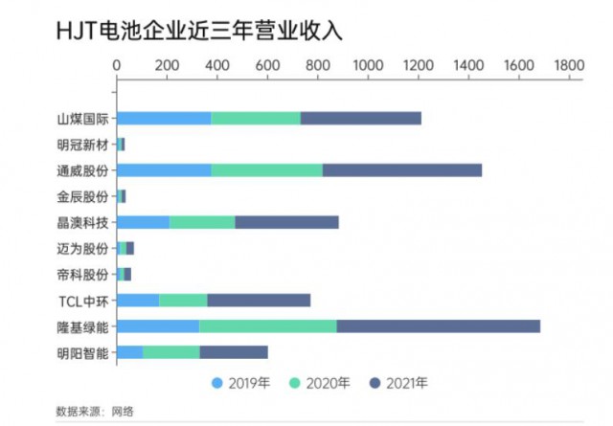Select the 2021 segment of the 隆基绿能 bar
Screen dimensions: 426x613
coord(438,325)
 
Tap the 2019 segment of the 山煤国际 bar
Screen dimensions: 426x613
coord(163,118)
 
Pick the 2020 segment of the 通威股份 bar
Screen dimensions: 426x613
coord(266,170)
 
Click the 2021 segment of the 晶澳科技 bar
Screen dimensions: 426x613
coord(286,222)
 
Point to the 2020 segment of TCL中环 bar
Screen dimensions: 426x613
coord(183,300)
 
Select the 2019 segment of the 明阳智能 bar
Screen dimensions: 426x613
coord(129,351)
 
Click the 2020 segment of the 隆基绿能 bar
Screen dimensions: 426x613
coord(267,325)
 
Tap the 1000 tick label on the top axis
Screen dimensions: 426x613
coord(368,64)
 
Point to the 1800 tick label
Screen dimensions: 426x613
coord(568,64)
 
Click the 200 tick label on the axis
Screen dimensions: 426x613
coord(167,64)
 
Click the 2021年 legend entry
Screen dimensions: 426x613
coord(397,384)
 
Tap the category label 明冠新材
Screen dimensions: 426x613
coord(82,145)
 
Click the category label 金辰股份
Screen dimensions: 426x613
coord(82,196)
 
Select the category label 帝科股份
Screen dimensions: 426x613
coord(82,275)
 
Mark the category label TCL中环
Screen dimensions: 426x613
coord(83,301)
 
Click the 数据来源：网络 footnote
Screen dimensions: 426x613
coord(95,412)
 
